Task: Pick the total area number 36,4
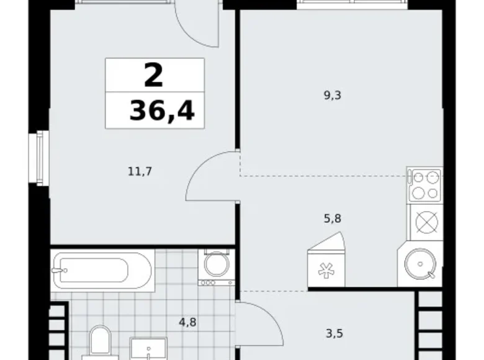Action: click(161, 111)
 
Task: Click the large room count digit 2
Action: click(154, 76)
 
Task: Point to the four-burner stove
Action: click(424, 184)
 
